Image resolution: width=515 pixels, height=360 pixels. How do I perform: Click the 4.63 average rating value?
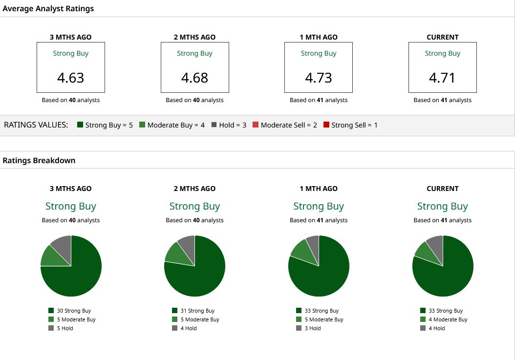click(x=71, y=78)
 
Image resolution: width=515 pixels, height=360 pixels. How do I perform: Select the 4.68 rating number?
click(x=194, y=78)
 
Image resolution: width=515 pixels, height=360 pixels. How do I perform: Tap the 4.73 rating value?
click(x=319, y=78)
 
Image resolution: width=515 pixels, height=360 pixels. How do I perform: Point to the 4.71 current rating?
click(x=442, y=78)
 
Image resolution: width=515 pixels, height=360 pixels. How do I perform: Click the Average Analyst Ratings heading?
click(x=48, y=8)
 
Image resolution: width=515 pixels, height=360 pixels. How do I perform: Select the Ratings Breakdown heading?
click(x=39, y=160)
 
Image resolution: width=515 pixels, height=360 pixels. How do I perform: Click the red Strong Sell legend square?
click(x=326, y=125)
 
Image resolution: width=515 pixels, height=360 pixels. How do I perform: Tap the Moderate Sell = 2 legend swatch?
click(x=256, y=125)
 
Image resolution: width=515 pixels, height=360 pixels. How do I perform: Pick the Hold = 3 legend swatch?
click(x=214, y=125)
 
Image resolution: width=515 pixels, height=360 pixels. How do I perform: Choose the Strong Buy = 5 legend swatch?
click(x=80, y=125)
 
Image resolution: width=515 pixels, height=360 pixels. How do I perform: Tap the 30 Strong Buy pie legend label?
click(x=74, y=310)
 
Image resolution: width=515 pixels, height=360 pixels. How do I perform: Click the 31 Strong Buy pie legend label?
click(x=197, y=310)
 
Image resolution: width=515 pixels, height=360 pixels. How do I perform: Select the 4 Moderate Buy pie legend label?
click(x=448, y=319)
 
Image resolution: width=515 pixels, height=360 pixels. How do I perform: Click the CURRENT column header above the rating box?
click(x=442, y=37)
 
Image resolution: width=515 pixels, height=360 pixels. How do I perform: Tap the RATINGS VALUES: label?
click(x=36, y=125)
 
